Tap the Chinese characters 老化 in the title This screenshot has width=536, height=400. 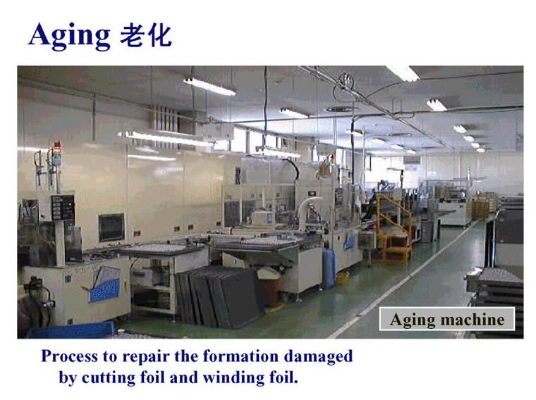tap(145, 35)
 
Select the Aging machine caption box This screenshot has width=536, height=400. tap(447, 319)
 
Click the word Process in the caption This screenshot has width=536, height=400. tap(69, 356)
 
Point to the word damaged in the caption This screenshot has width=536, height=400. tap(318, 356)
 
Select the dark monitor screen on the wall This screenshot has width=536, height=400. tap(111, 227)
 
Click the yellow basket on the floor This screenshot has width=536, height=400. tap(343, 278)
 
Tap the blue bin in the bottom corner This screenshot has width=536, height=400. tap(72, 330)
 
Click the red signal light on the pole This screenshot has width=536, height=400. tap(57, 146)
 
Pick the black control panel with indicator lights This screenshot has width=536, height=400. tap(63, 208)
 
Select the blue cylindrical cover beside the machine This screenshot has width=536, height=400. tap(329, 268)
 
